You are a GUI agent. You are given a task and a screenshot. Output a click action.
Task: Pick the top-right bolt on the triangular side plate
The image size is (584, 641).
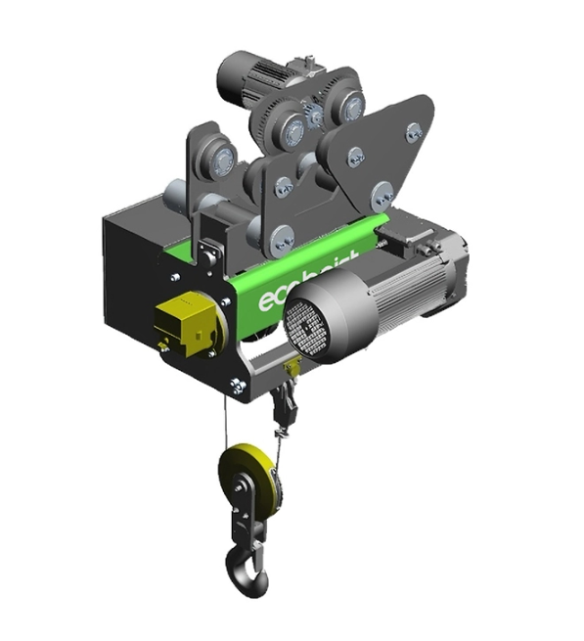pos(414,130)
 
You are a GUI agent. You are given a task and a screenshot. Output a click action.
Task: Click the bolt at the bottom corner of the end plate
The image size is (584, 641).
pos(235,385)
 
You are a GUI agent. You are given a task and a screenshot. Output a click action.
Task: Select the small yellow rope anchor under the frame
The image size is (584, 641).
pos(291,369)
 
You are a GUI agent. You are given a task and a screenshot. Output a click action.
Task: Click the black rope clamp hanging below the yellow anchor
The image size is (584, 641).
pos(284,401)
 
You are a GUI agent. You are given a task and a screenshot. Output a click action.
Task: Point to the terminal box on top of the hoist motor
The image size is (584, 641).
pos(430,235)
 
